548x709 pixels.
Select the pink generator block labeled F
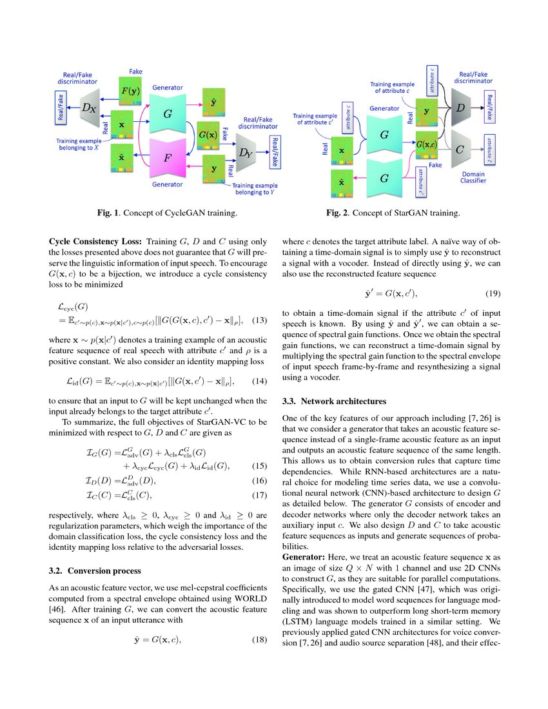[167, 158]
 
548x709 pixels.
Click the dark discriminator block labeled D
[459, 104]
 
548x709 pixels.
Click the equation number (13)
[258, 320]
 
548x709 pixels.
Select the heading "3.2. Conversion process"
[95, 570]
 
